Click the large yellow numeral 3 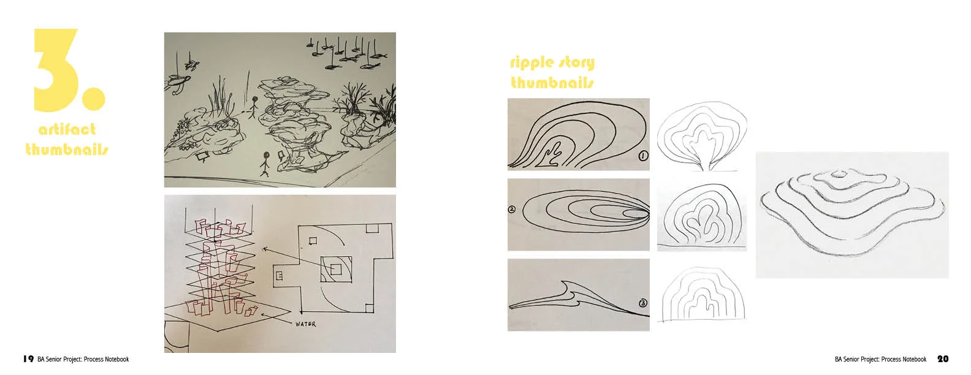pyautogui.click(x=56, y=69)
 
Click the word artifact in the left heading pyautogui.click(x=67, y=129)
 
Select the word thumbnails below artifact pyautogui.click(x=67, y=149)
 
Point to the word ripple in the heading pyautogui.click(x=531, y=63)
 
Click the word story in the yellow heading pyautogui.click(x=576, y=63)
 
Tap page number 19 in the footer pyautogui.click(x=29, y=359)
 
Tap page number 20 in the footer pyautogui.click(x=943, y=359)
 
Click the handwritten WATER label pyautogui.click(x=306, y=324)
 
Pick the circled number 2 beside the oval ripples pyautogui.click(x=511, y=210)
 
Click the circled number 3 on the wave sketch pyautogui.click(x=643, y=303)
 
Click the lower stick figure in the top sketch pyautogui.click(x=265, y=164)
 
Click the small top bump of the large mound pyautogui.click(x=839, y=174)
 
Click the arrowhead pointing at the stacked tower pyautogui.click(x=264, y=249)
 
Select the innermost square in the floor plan pyautogui.click(x=335, y=269)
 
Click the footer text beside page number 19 pyautogui.click(x=83, y=360)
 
